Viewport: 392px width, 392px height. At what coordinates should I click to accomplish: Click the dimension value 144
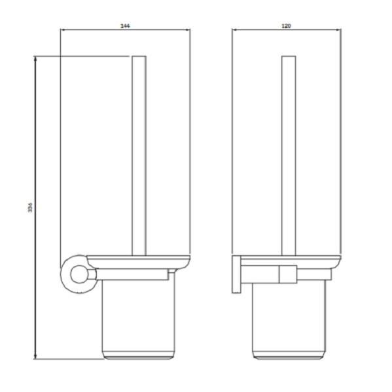pos(125,26)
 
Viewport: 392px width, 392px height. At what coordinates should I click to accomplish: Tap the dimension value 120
pos(286,26)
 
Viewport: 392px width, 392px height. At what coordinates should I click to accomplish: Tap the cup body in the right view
pos(288,321)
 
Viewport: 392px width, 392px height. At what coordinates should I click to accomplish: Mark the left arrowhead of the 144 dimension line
pos(63,30)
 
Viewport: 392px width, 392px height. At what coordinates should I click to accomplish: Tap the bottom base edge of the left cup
pos(139,357)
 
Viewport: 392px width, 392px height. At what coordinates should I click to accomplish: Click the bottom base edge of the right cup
pos(288,357)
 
